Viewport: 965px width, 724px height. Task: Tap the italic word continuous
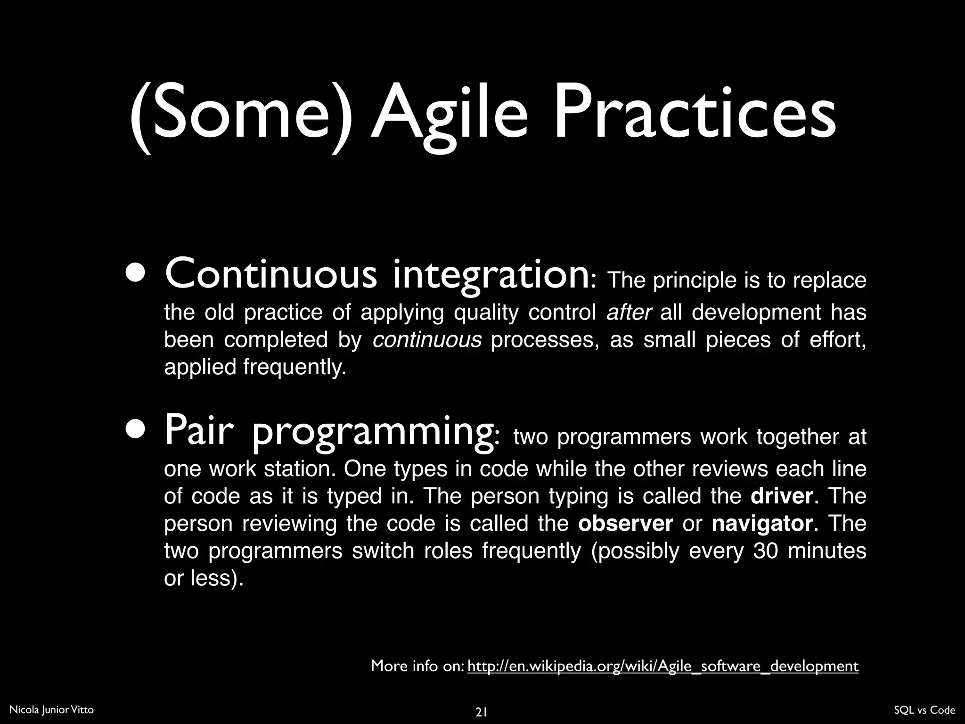pos(427,340)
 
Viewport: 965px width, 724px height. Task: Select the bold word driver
pos(781,496)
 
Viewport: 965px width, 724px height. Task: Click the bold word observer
pos(625,524)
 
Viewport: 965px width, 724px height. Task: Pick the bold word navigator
pos(762,524)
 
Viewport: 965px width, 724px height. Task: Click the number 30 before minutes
pos(766,551)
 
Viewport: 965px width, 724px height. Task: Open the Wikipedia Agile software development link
pos(662,666)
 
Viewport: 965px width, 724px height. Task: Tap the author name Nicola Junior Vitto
pos(51,710)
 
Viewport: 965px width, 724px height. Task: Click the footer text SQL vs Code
pos(924,710)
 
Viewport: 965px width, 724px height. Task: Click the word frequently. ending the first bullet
pos(295,367)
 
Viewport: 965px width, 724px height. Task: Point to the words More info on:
pos(417,666)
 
